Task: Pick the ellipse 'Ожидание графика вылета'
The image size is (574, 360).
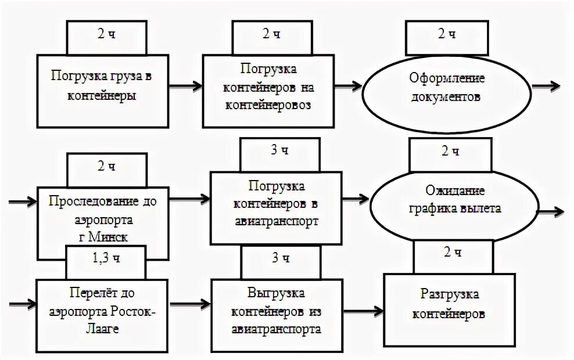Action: click(455, 200)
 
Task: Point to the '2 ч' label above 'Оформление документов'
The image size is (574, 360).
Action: click(446, 34)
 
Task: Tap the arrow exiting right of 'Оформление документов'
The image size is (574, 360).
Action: click(547, 86)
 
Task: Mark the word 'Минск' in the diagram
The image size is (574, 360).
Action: click(111, 237)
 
